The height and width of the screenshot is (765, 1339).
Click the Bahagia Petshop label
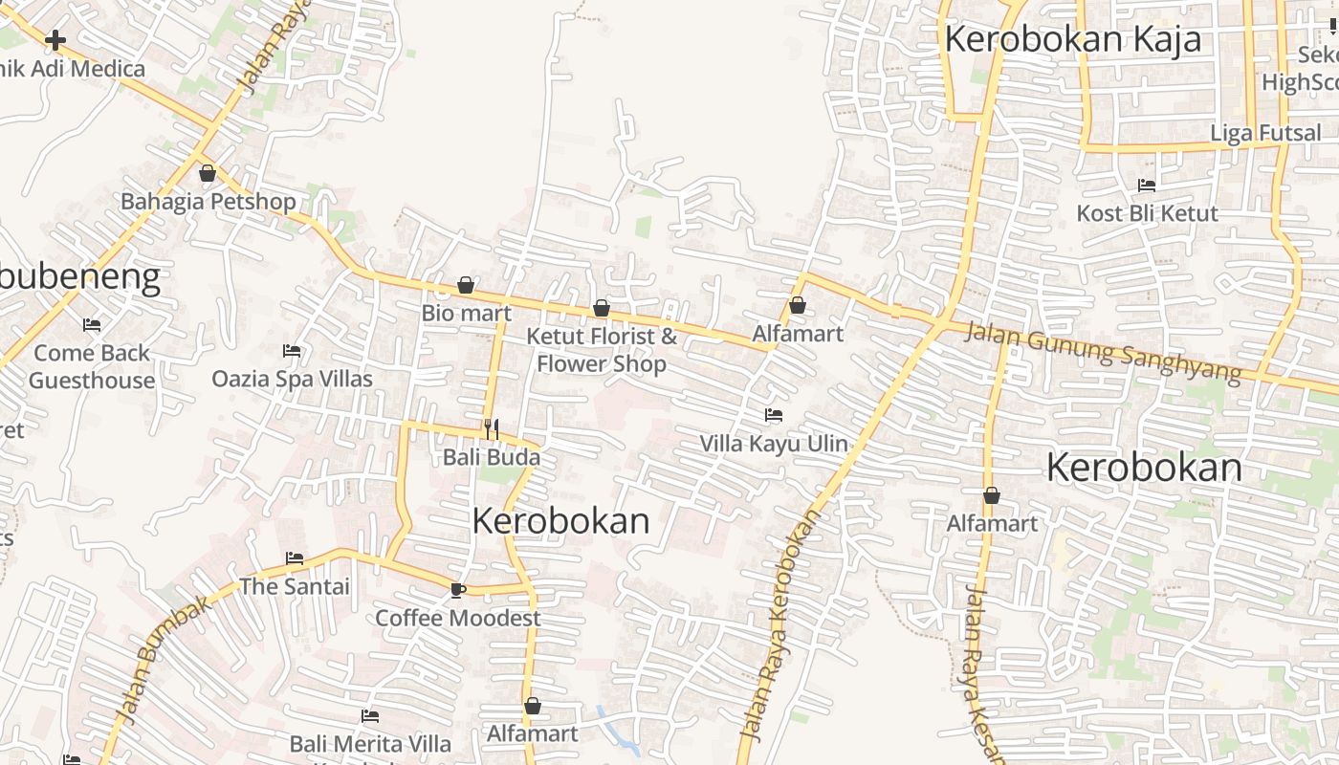click(208, 202)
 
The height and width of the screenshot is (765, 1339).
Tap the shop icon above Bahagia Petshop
click(208, 174)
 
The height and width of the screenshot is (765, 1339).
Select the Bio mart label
click(467, 313)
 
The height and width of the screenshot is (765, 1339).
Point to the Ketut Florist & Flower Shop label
click(602, 350)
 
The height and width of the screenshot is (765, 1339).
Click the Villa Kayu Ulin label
click(774, 443)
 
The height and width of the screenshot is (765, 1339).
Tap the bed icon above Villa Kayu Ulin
click(774, 415)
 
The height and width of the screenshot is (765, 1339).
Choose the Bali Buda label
click(492, 457)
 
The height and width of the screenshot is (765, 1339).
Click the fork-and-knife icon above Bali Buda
click(492, 428)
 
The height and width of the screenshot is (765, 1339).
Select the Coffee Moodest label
click(457, 618)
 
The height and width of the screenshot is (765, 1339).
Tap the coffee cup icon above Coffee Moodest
click(457, 590)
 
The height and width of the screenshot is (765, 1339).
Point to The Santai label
click(295, 586)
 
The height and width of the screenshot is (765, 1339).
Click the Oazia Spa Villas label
click(292, 379)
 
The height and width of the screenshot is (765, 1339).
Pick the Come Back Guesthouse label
click(92, 366)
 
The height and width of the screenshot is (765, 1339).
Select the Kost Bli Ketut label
click(1147, 213)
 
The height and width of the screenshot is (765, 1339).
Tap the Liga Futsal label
click(1265, 133)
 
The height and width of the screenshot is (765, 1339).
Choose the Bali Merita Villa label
click(370, 743)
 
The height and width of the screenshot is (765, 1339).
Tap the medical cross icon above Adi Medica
click(55, 40)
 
